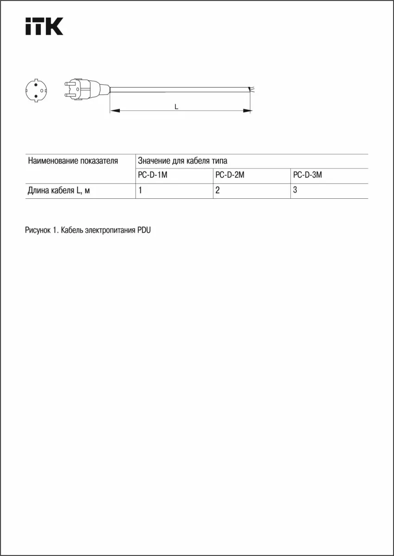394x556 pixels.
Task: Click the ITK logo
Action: coord(44,26)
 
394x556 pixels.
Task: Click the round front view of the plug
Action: coord(36,90)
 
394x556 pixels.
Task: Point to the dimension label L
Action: coord(176,107)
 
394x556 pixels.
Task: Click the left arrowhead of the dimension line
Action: coord(115,111)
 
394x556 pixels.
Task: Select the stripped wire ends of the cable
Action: coord(251,88)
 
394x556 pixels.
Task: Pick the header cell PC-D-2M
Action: coord(230,176)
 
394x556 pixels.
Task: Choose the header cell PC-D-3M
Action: coord(307,176)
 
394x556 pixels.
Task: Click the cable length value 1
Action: coord(140,190)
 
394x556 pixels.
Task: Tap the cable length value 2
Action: coord(218,190)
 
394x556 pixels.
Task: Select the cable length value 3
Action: coord(295,190)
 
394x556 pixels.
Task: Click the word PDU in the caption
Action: coord(144,230)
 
